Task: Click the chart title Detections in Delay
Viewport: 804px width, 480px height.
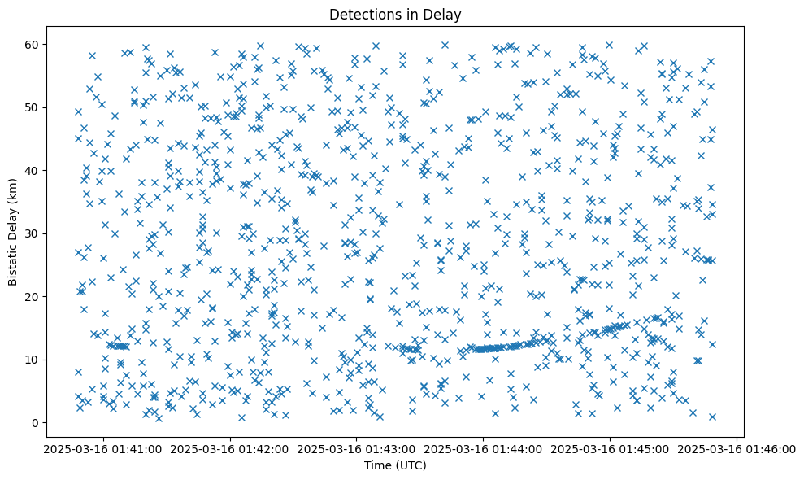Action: pyautogui.click(x=394, y=14)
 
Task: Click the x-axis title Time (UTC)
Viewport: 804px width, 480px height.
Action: pyautogui.click(x=394, y=465)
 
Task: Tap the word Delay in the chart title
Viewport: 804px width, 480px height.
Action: pyautogui.click(x=444, y=14)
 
